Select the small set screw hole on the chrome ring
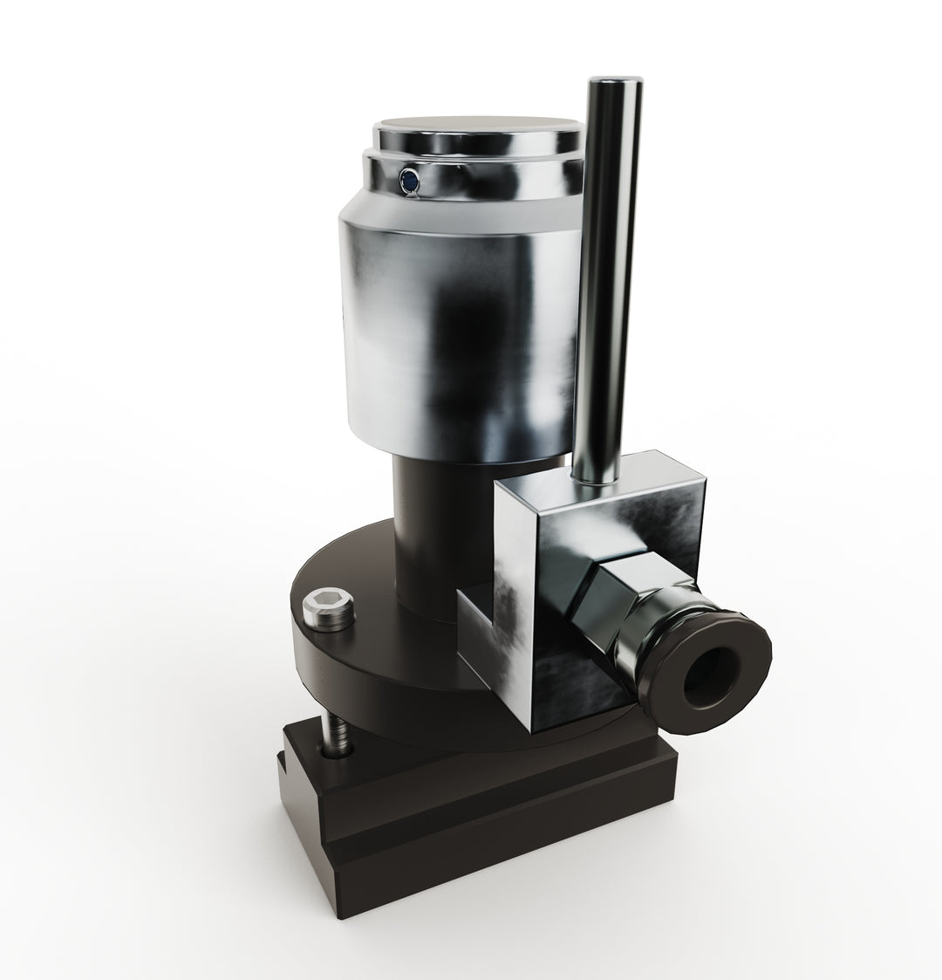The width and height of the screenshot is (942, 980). pyautogui.click(x=406, y=180)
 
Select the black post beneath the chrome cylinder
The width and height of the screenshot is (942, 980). pyautogui.click(x=432, y=524)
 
